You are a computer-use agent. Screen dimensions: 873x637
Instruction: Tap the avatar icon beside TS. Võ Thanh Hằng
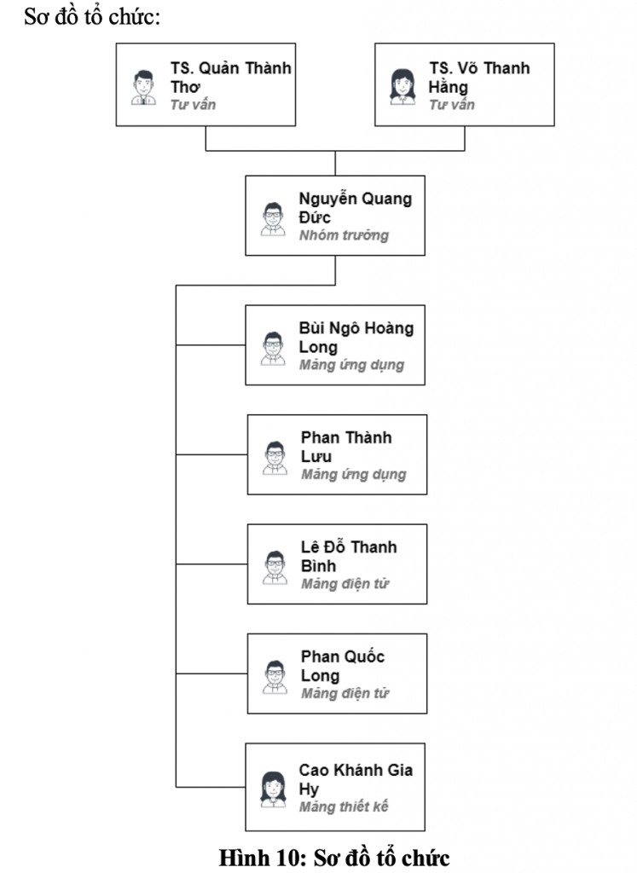pyautogui.click(x=402, y=86)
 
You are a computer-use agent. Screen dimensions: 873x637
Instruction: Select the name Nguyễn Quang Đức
pyautogui.click(x=355, y=208)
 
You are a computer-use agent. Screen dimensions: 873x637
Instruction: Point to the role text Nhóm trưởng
pyautogui.click(x=344, y=235)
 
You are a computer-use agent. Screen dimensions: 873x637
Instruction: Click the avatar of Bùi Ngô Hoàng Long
pyautogui.click(x=273, y=348)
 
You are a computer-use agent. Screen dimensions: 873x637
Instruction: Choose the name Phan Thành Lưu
pyautogui.click(x=346, y=447)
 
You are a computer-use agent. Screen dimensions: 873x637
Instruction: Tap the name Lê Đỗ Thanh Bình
pyautogui.click(x=349, y=556)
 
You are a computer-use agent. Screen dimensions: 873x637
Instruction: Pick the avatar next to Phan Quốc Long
pyautogui.click(x=275, y=677)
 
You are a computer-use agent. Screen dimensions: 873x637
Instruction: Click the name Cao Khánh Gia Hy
pyautogui.click(x=356, y=779)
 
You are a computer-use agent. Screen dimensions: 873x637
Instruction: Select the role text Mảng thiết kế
pyautogui.click(x=344, y=807)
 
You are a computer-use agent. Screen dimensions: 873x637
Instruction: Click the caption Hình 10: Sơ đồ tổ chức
pyautogui.click(x=333, y=856)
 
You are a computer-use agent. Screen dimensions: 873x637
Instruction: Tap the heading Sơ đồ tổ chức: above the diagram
pyautogui.click(x=92, y=17)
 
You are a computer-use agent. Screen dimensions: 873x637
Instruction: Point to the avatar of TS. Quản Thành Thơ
pyautogui.click(x=143, y=86)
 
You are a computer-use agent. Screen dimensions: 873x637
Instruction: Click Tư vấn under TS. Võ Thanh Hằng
pyautogui.click(x=452, y=105)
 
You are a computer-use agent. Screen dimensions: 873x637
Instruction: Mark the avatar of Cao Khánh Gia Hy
pyautogui.click(x=273, y=789)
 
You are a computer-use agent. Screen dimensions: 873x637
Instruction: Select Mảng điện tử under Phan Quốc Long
pyautogui.click(x=345, y=694)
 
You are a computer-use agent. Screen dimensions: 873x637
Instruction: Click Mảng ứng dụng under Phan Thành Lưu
pyautogui.click(x=353, y=475)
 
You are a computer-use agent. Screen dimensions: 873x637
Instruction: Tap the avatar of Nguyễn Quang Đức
pyautogui.click(x=273, y=219)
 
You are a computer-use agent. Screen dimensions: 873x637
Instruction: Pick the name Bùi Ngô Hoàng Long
pyautogui.click(x=356, y=338)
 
